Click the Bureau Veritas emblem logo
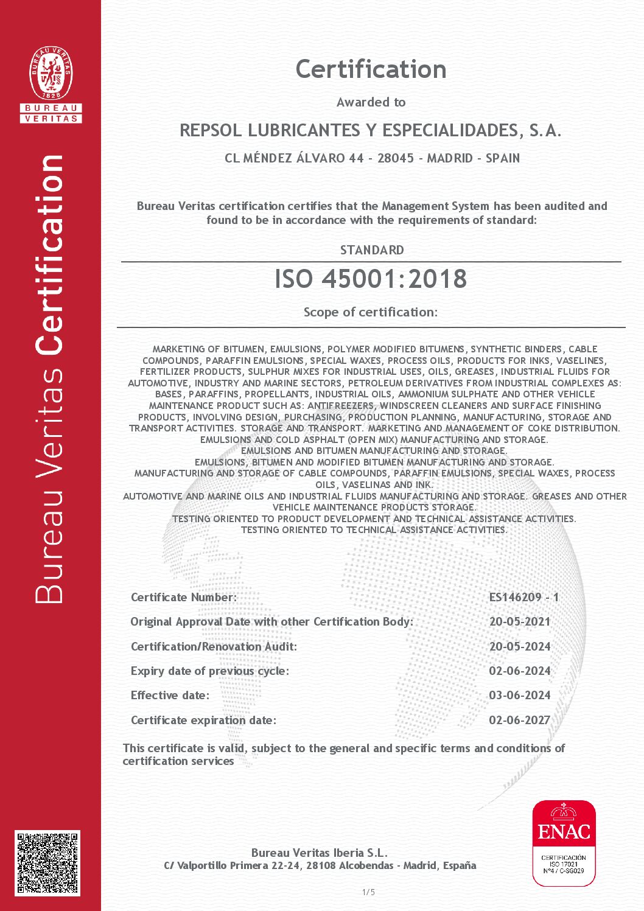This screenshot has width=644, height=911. [x=51, y=85]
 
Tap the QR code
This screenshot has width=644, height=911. [x=47, y=862]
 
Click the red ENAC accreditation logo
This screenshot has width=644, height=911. [x=564, y=843]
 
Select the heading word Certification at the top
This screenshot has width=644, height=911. [x=371, y=69]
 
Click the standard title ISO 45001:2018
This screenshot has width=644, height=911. [x=371, y=279]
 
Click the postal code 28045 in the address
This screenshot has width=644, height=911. [x=396, y=158]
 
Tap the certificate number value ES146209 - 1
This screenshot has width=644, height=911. [x=523, y=597]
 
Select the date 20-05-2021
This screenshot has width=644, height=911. [x=519, y=621]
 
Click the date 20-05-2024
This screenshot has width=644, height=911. [x=519, y=646]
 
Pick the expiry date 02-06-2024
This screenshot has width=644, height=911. [x=519, y=671]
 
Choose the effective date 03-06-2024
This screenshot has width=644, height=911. [x=519, y=695]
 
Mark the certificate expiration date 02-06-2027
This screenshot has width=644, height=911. [x=519, y=720]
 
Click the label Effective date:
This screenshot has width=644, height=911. [x=170, y=695]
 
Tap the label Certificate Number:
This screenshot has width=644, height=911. [x=184, y=597]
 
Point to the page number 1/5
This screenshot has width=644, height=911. [x=369, y=892]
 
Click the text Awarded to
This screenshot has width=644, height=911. [x=371, y=102]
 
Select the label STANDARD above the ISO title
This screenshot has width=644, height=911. [x=371, y=250]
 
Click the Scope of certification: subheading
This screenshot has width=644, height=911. [x=370, y=312]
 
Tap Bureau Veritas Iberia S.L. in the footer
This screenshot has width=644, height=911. [x=319, y=853]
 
